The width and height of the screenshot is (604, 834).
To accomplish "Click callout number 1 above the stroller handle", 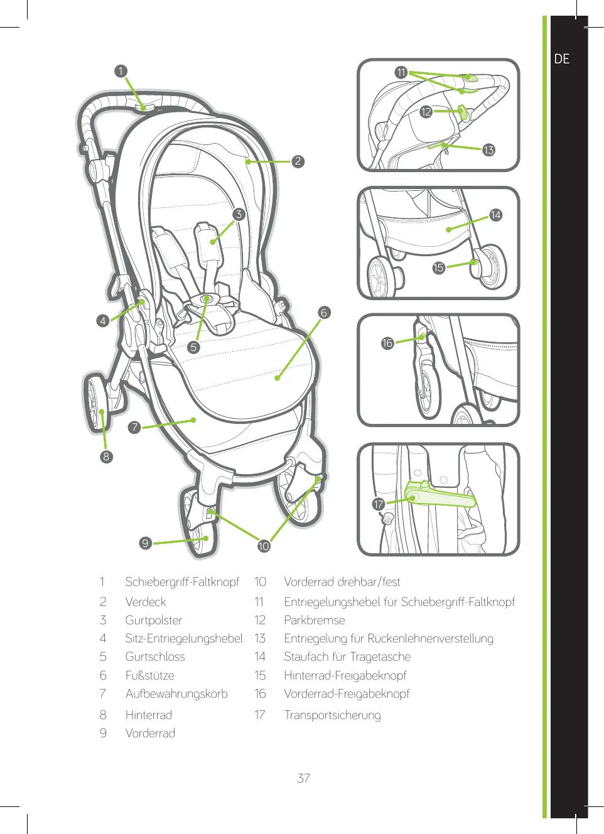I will coord(121,71).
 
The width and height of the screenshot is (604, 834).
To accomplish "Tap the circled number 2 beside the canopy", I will coord(298,161).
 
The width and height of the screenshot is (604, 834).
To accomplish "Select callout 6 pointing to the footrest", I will coord(324,312).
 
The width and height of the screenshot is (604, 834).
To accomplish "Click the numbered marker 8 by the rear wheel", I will coord(106,457).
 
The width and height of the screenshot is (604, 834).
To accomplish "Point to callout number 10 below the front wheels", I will coord(264,546).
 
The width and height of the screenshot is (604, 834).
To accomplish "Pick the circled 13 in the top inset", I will coord(488,150).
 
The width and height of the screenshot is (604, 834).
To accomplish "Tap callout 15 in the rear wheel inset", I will coord(438,268).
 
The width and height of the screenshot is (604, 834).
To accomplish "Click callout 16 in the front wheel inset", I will coord(387,343).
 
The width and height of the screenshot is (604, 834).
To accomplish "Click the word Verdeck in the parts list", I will coord(146,602).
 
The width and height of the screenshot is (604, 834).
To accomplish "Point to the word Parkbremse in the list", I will coord(315,620).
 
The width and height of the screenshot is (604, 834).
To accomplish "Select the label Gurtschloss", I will coord(155,656).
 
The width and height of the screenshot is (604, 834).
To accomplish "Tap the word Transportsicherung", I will coord(332,715).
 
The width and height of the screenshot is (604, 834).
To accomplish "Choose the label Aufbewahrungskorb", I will coord(176,693).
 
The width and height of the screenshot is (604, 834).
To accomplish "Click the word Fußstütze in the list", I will coord(149,675).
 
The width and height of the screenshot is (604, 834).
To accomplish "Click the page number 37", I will coord(304,778).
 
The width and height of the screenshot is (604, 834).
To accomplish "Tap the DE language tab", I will coord(562,59).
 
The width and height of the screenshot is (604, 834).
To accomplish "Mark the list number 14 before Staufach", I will coord(260,656).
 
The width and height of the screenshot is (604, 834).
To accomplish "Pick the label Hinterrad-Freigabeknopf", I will coord(345,675).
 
